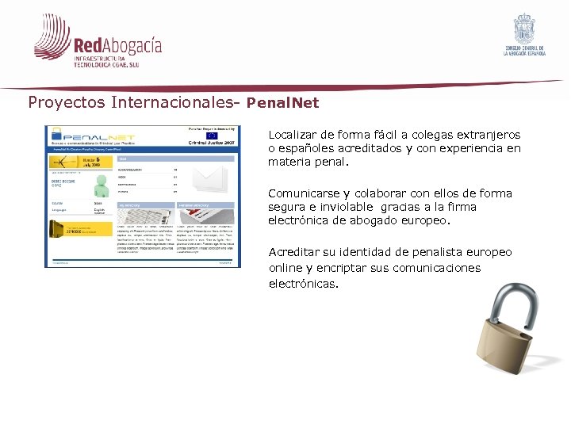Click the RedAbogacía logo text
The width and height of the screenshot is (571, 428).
pos(117,45)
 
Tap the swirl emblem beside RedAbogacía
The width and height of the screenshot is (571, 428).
pos(52,37)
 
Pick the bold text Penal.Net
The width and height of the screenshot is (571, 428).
pos(282,103)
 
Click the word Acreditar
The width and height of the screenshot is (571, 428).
pos(295,252)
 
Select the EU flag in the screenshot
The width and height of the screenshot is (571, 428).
pos(212,136)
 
